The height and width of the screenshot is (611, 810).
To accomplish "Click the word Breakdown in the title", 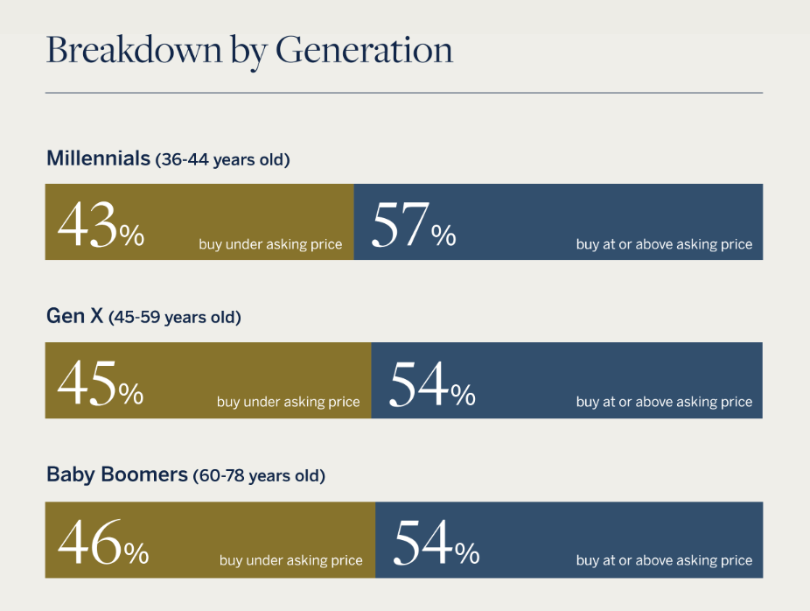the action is [x=135, y=50].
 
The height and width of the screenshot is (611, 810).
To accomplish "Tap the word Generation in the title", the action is [x=364, y=50].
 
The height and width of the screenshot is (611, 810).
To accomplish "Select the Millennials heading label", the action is [x=98, y=158].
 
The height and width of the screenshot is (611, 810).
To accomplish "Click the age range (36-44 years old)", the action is [x=223, y=159].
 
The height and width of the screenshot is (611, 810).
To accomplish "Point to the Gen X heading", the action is [x=74, y=316].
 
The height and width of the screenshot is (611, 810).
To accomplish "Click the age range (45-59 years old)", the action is [x=175, y=318].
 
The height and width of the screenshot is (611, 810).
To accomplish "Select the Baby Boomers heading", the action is [x=116, y=474].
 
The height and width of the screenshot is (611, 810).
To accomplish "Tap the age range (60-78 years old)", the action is [x=259, y=476].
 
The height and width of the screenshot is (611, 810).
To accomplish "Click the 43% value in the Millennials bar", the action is [x=101, y=225].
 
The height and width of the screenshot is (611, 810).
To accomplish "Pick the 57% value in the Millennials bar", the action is [x=414, y=225].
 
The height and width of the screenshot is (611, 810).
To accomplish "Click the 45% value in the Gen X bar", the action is [x=101, y=383].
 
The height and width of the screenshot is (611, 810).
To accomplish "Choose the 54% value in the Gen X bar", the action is [x=432, y=383].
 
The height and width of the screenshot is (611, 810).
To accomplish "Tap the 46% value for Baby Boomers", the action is [x=103, y=542].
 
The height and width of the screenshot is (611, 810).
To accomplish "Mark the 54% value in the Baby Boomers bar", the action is [x=436, y=542].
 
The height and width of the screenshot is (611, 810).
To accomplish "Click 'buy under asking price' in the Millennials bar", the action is [x=270, y=244].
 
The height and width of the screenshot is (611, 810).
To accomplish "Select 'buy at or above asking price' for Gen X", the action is [x=664, y=402].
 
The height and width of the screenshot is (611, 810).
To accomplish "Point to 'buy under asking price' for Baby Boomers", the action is [x=290, y=561].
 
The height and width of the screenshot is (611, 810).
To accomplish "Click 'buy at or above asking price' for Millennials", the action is [x=664, y=244].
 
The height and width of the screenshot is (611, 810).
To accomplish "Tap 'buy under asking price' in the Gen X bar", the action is [x=289, y=402].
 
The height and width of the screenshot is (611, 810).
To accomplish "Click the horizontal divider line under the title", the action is [x=404, y=93].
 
